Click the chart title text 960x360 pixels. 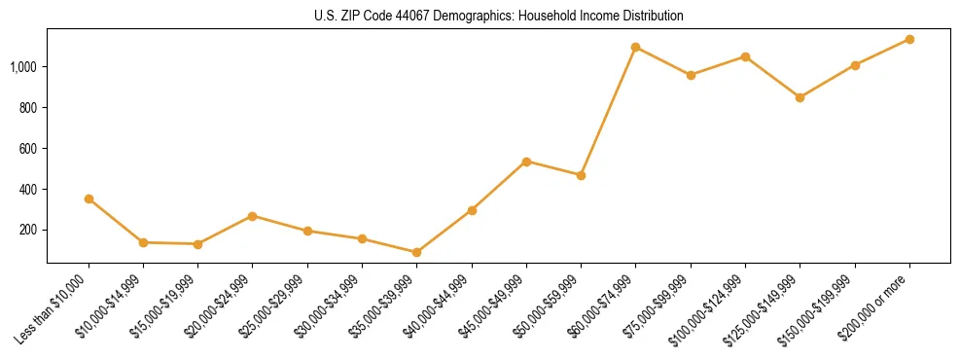[x=499, y=17]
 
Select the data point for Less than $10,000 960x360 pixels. [x=89, y=198]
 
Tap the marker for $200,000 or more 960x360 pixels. [x=909, y=39]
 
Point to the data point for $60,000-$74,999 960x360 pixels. [x=635, y=47]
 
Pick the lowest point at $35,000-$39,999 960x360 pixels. [x=417, y=252]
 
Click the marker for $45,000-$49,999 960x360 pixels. [x=526, y=162]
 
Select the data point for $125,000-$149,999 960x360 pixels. [x=800, y=97]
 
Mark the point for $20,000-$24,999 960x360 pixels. [x=253, y=216]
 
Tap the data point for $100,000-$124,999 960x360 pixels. [x=745, y=56]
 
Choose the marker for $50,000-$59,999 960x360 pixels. [x=581, y=175]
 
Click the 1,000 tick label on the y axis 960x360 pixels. [x=23, y=67]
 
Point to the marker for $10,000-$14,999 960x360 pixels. [x=143, y=242]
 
